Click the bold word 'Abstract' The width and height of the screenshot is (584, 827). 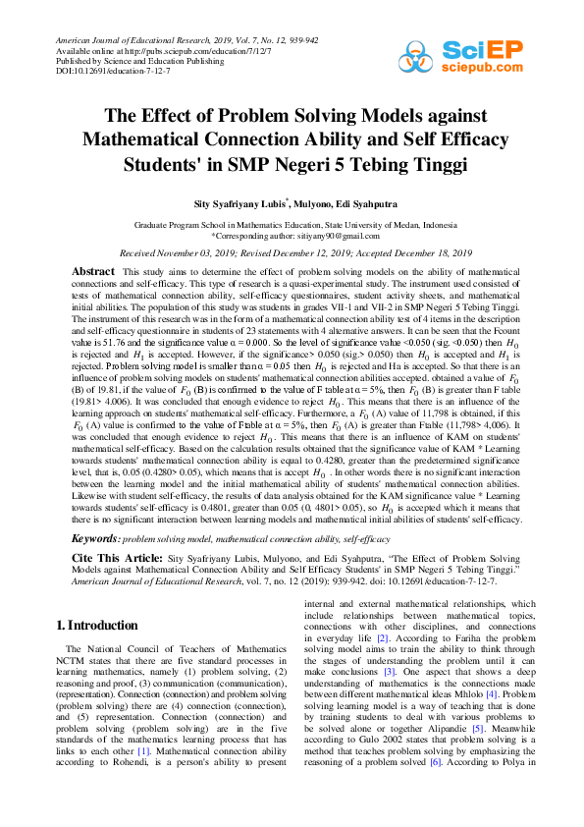click(x=93, y=270)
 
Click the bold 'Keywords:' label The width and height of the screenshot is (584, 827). click(x=96, y=539)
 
